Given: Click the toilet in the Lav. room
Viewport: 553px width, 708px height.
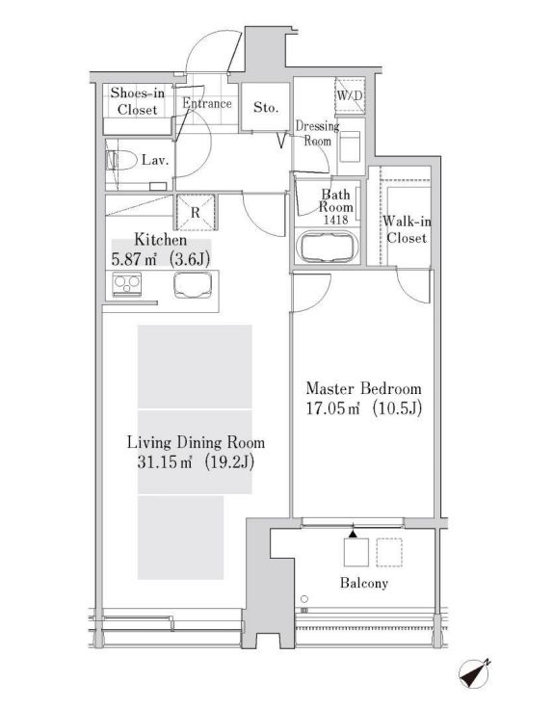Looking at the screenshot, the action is [x=121, y=160].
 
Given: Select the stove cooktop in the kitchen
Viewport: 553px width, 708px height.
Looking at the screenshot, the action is [x=127, y=284].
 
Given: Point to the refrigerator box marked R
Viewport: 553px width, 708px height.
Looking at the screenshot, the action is [x=196, y=212].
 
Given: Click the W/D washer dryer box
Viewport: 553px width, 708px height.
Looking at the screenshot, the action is [x=350, y=95].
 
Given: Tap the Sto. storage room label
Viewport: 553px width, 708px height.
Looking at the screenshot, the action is [x=266, y=108].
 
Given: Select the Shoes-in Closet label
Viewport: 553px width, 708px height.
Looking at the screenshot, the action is [x=137, y=101].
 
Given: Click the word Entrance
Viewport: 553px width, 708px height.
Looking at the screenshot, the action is [x=207, y=103].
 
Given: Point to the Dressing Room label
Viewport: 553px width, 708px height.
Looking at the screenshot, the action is [x=317, y=133].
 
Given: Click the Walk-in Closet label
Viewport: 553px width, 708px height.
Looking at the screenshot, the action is [x=407, y=229].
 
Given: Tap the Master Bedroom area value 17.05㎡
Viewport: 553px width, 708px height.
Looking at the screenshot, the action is [x=333, y=408].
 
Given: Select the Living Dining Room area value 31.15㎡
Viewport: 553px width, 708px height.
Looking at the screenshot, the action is [x=165, y=462].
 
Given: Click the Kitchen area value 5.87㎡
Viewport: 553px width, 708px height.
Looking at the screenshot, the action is [x=134, y=260].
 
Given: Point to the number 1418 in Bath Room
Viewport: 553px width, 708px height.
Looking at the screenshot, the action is [x=336, y=220].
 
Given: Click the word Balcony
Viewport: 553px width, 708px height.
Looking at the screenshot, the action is [x=364, y=583].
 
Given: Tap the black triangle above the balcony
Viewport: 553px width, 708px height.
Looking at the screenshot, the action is [x=353, y=534].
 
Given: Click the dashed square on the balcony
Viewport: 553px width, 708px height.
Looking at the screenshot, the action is [x=389, y=552].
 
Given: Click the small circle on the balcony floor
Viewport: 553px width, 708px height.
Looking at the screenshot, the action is [x=304, y=599].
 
